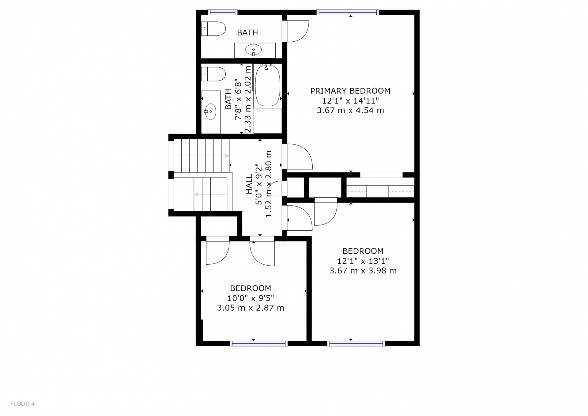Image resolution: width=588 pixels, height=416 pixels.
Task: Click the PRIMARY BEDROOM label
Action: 350,91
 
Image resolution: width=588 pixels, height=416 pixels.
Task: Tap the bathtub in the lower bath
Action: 268,86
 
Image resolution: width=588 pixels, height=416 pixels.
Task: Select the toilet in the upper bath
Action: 213,29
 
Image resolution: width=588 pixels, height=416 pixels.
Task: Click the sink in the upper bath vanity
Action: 254,50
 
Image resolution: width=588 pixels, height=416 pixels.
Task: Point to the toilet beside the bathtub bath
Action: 213,74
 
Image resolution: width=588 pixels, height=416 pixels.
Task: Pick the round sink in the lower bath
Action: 210,112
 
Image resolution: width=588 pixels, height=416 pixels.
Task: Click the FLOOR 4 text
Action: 22,404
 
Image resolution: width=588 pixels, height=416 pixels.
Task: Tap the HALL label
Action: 249,184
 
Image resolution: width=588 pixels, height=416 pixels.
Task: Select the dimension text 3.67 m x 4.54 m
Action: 350,111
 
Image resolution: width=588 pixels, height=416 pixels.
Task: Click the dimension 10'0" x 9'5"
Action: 251,298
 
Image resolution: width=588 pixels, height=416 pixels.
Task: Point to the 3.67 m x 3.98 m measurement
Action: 363,271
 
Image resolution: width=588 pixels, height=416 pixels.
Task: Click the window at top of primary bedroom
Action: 348,12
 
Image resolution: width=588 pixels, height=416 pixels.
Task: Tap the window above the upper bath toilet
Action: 223,12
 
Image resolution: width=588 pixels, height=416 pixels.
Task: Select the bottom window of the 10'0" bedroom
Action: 259,343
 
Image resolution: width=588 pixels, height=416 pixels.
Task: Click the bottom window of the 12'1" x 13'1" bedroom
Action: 356,343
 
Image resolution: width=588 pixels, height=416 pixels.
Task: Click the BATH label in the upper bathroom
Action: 247,32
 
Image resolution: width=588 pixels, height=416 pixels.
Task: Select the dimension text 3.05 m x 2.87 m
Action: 251,308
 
